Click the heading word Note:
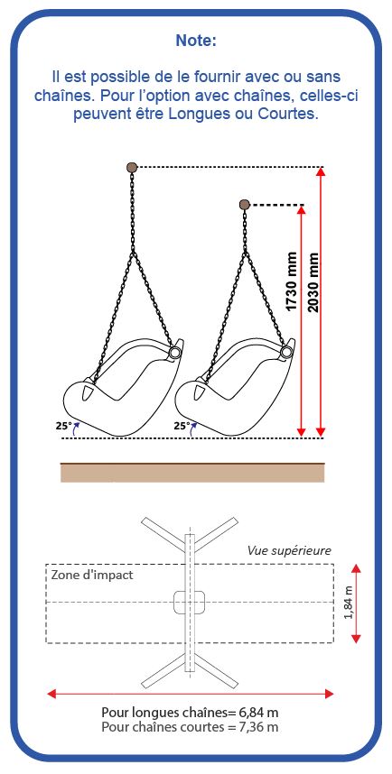coord(196,41)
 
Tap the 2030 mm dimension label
coord(313,281)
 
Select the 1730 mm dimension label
coord(292,281)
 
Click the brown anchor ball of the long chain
coord(132,167)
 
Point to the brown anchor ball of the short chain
coord(244,205)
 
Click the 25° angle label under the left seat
coord(64,425)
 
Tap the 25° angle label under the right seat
coord(182,425)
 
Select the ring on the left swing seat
coord(174,353)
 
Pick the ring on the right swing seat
coord(285,352)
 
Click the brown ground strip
coord(192,472)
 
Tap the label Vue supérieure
coord(289,550)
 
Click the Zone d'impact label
coord(92,575)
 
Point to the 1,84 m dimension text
coord(349,603)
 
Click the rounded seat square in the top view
coord(190,603)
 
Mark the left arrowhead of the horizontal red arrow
coord(51,694)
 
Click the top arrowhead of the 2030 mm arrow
coord(322,171)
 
